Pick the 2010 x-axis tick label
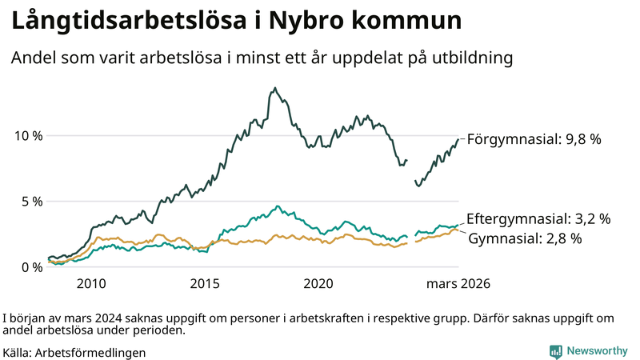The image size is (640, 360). point(91,283)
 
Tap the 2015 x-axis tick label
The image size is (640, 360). point(205,283)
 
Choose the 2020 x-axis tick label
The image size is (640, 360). point(318,283)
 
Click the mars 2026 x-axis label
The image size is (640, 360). point(458,283)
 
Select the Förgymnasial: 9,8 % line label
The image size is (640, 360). point(534,139)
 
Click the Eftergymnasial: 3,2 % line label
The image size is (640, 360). point(538,218)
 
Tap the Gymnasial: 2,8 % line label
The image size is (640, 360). point(524,238)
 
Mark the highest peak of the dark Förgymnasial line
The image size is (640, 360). point(275,88)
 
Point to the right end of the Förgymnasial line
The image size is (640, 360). point(458,139)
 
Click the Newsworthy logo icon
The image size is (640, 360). point(555,351)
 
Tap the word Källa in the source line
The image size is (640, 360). point(18,352)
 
